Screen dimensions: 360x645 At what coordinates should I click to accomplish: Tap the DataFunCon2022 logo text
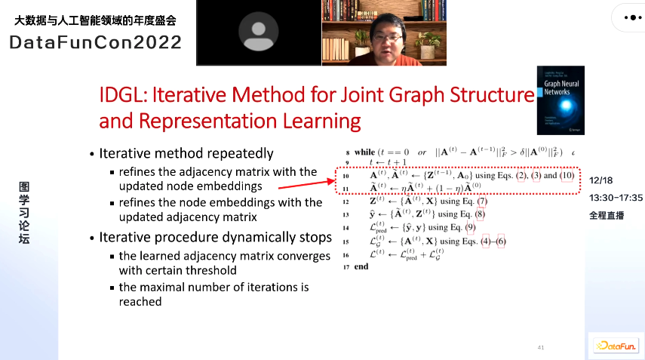point(95,42)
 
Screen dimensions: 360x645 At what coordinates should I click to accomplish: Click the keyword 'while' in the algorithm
point(364,152)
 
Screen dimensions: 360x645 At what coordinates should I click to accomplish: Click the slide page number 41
point(540,347)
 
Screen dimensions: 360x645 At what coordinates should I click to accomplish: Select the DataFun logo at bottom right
point(615,346)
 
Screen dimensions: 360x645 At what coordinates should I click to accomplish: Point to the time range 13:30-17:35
point(616,198)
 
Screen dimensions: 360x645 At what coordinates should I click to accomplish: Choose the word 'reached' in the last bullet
point(140,302)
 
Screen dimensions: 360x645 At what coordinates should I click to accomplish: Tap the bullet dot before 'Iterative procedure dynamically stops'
point(91,238)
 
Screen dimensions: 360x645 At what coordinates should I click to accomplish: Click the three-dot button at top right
point(628,16)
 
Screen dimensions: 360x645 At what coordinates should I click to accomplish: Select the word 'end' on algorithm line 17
point(361,266)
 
